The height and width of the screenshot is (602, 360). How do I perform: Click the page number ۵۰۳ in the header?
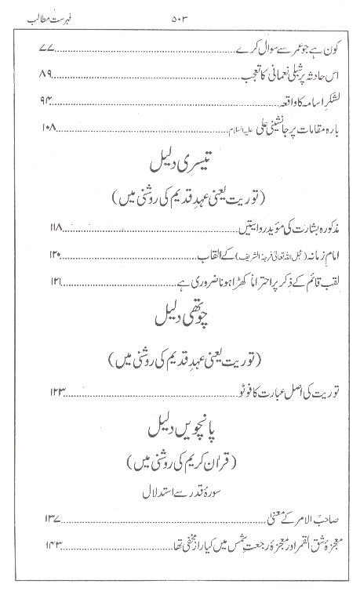pos(179,15)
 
